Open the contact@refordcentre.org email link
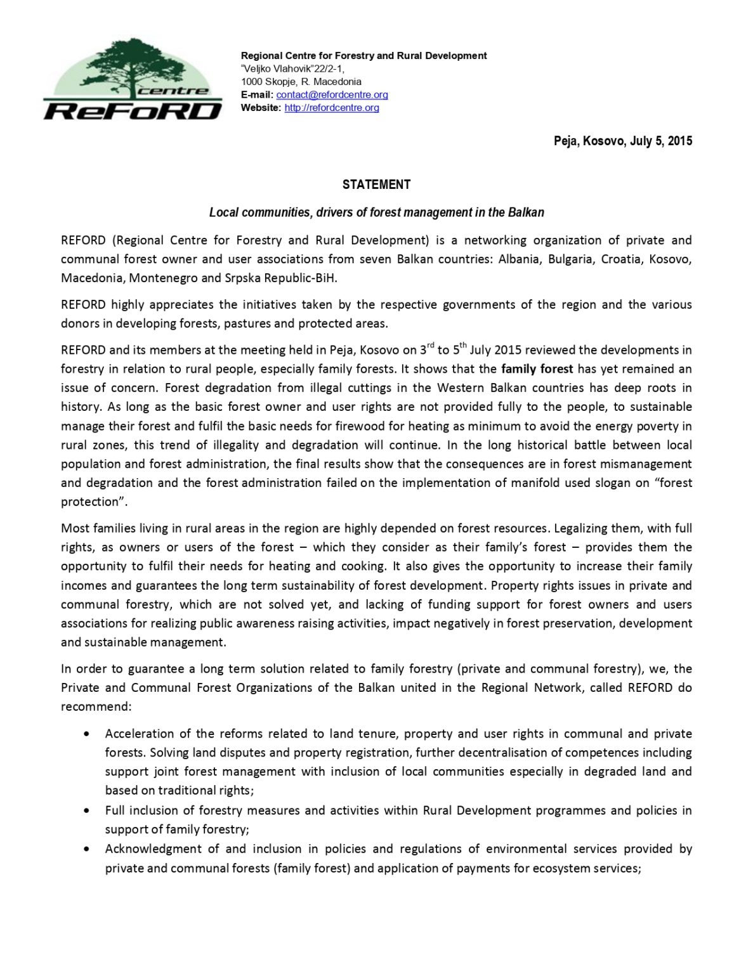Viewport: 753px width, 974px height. [x=332, y=94]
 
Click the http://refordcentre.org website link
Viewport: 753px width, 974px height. [x=331, y=108]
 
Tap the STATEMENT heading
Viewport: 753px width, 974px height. [x=376, y=185]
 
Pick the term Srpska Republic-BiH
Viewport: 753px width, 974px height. [x=281, y=278]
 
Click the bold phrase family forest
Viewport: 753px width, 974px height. [x=537, y=368]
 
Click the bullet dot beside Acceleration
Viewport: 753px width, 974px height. [x=87, y=734]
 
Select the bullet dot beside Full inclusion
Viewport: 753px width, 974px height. [x=87, y=811]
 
